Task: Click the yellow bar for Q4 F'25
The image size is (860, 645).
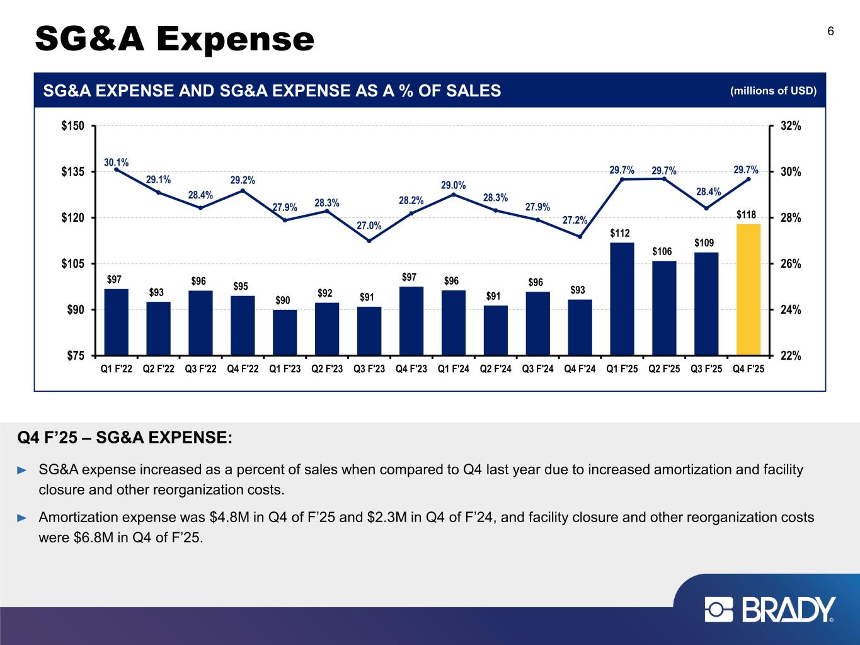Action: coord(748,290)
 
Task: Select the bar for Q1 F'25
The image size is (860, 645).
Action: coord(622,299)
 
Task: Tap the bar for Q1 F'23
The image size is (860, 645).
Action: coord(285,333)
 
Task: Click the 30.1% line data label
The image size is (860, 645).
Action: coord(117,162)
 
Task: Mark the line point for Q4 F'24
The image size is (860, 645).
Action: coord(580,237)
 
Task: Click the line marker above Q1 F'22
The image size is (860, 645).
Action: coord(117,169)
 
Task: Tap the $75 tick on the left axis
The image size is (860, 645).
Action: coord(76,355)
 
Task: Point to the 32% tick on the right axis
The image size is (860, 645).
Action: coord(790,126)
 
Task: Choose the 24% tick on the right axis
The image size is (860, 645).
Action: coord(790,309)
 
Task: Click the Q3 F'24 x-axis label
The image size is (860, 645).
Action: coord(538,369)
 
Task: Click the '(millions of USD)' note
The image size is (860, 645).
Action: coord(773,91)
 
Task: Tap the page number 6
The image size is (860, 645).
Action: coord(831,31)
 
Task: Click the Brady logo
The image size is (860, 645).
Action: coord(770,610)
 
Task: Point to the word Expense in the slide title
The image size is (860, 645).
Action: coord(236,39)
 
